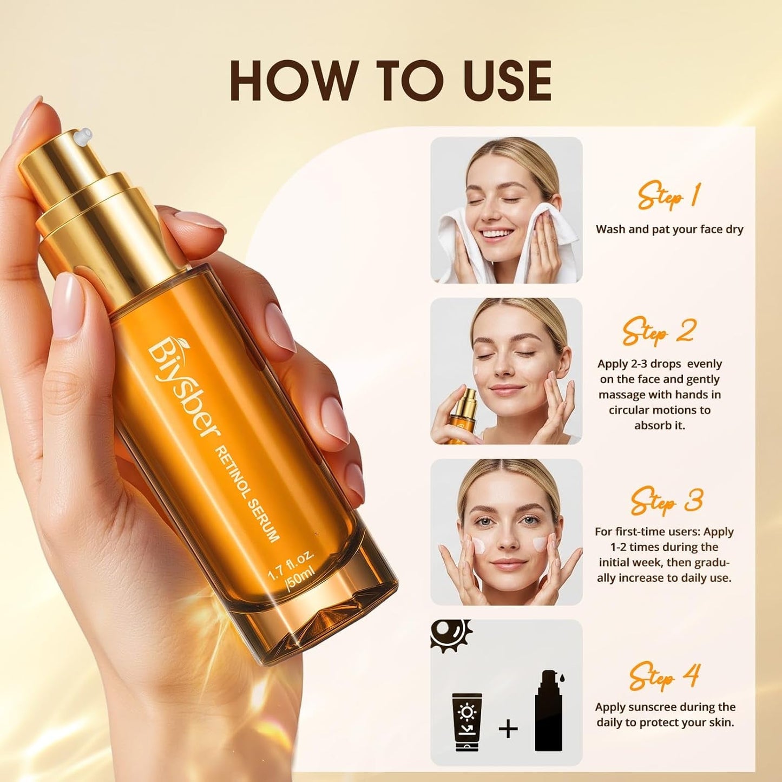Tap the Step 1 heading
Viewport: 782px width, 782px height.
click(669, 196)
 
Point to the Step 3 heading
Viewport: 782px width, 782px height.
click(667, 501)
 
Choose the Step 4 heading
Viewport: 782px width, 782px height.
click(665, 676)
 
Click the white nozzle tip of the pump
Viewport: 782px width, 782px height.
click(83, 135)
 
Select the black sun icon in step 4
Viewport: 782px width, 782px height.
click(450, 634)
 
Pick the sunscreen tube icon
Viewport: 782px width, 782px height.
click(466, 722)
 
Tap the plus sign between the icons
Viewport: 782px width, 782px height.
click(508, 728)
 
